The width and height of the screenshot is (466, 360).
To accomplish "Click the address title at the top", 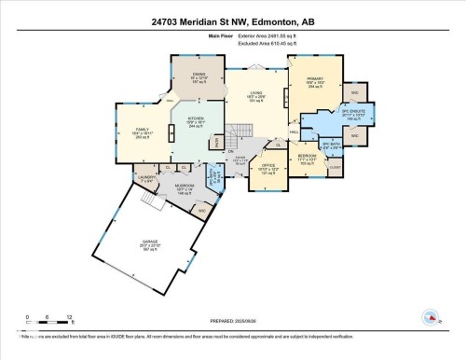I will (x=232, y=21).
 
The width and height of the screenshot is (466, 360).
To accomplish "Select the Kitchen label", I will (x=197, y=121).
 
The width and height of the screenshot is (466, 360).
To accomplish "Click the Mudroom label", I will (x=183, y=187).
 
